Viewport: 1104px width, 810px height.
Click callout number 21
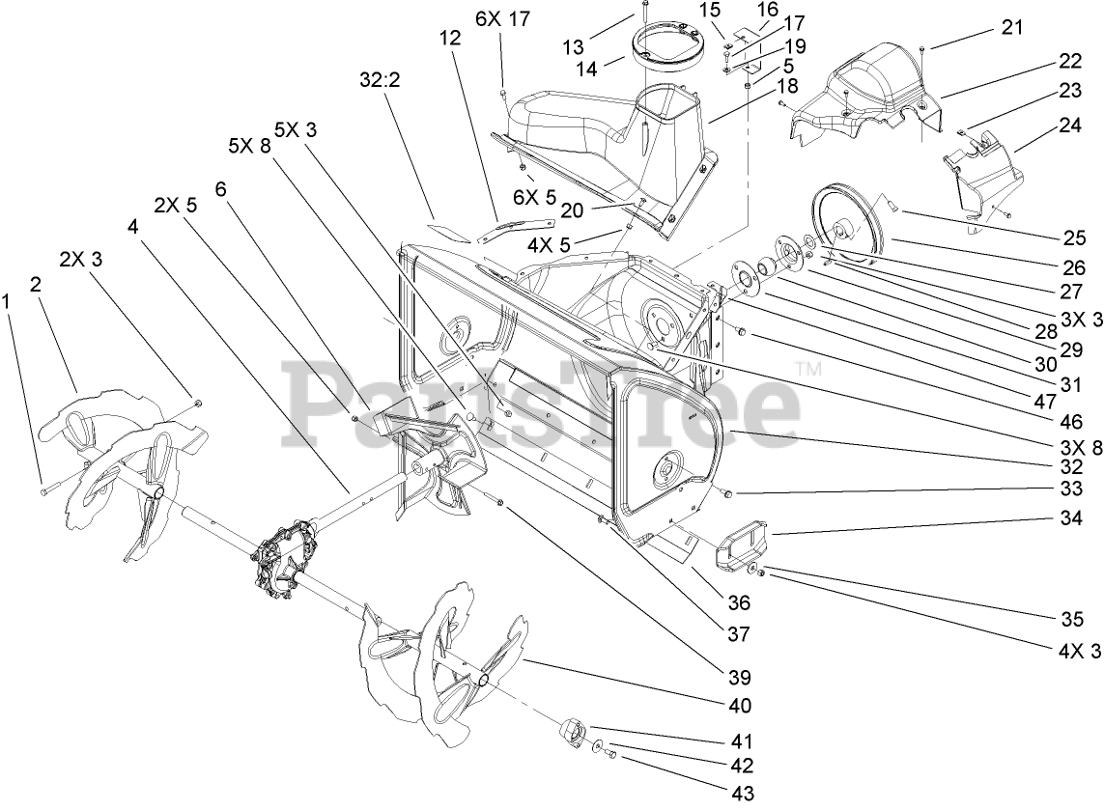pyautogui.click(x=1011, y=29)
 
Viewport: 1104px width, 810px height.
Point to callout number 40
pyautogui.click(x=740, y=706)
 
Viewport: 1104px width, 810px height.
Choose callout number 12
pyautogui.click(x=449, y=39)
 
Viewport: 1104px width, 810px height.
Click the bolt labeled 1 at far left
pyautogui.click(x=45, y=491)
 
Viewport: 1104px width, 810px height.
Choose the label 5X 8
pyautogui.click(x=248, y=147)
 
